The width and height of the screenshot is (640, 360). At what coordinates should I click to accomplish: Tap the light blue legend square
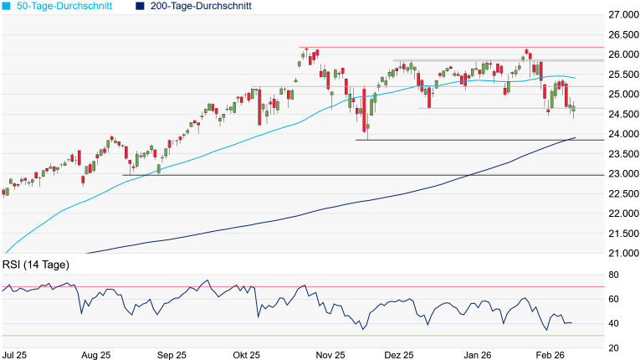click(x=7, y=6)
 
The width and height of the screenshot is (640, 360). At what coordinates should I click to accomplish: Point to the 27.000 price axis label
click(x=623, y=15)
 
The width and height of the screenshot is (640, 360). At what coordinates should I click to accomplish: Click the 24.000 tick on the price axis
click(x=623, y=134)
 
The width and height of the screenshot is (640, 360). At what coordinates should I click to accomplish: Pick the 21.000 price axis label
click(x=623, y=253)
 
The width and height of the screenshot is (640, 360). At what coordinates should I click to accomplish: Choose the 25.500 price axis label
click(x=623, y=75)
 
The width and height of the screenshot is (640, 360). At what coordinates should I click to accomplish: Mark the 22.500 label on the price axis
click(x=623, y=193)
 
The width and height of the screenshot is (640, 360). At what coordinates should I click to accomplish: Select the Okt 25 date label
click(x=247, y=355)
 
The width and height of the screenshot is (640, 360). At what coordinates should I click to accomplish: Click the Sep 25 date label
click(x=171, y=355)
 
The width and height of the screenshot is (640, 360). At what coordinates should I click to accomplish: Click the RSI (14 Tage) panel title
click(x=35, y=265)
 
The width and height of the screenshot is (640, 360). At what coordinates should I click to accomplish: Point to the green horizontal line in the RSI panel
click(x=301, y=336)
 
